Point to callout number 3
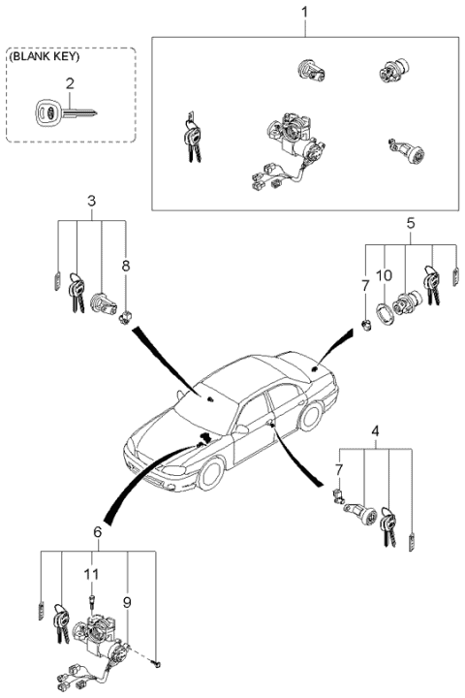pyautogui.click(x=91, y=201)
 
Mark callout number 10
pyautogui.click(x=385, y=275)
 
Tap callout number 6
pyautogui.click(x=95, y=533)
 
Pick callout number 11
pyautogui.click(x=91, y=574)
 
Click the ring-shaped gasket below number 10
pyautogui.click(x=385, y=315)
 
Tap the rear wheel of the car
pyautogui.click(x=312, y=416)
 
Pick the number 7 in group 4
pyautogui.click(x=339, y=470)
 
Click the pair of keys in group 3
pyautogui.click(x=77, y=291)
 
